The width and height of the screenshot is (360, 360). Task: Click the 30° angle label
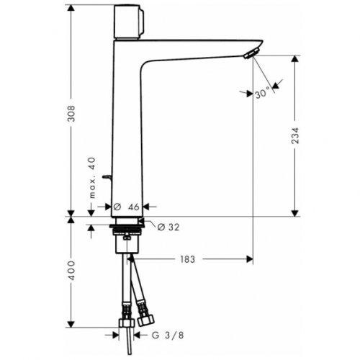pyautogui.click(x=264, y=92)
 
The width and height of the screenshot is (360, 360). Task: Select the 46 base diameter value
pyautogui.click(x=135, y=207)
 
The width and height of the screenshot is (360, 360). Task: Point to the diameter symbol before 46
pyautogui.click(x=117, y=207)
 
